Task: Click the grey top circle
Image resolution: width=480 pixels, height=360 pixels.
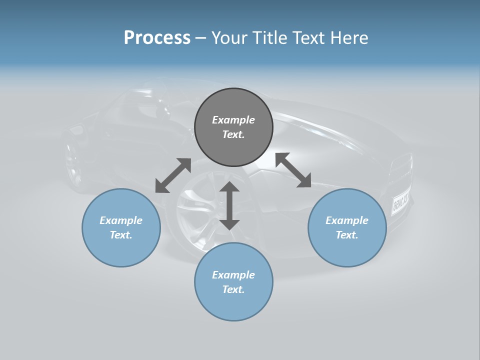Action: [233, 127]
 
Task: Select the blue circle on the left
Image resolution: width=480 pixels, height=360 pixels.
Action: [121, 227]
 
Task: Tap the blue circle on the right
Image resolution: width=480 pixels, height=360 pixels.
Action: [347, 227]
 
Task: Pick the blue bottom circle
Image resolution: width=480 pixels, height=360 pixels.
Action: [233, 282]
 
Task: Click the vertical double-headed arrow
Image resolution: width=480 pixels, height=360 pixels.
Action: [229, 205]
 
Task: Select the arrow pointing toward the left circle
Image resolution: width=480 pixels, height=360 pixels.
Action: [173, 175]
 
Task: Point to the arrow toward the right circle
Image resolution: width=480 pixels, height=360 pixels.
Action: [293, 170]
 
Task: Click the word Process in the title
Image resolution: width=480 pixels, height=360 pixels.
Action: [157, 37]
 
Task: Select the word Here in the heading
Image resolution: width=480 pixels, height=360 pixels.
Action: [349, 37]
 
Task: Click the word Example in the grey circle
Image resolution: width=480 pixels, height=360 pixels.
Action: [233, 120]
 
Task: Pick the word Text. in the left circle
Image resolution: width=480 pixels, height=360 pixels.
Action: [121, 235]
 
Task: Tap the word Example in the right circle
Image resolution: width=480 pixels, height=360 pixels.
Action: [347, 220]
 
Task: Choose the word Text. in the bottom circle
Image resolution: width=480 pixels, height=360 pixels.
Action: [233, 289]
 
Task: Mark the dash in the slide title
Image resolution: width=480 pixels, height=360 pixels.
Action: [200, 38]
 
